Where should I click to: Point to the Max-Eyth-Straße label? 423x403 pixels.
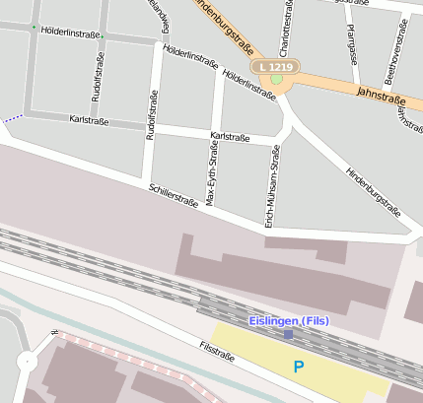coord(211,172)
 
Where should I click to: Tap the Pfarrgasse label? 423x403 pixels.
coord(352,45)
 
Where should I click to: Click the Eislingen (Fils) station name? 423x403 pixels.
coord(288,321)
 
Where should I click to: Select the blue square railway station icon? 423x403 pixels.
coord(288,334)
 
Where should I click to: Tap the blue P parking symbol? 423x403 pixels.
coord(299,367)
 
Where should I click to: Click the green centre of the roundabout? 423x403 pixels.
coord(277,79)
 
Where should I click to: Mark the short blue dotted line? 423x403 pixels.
coord(13,119)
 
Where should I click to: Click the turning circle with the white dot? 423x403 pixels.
coord(25,362)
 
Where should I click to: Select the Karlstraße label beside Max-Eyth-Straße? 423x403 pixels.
coord(230,136)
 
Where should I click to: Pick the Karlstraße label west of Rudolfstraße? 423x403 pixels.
coord(89,120)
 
